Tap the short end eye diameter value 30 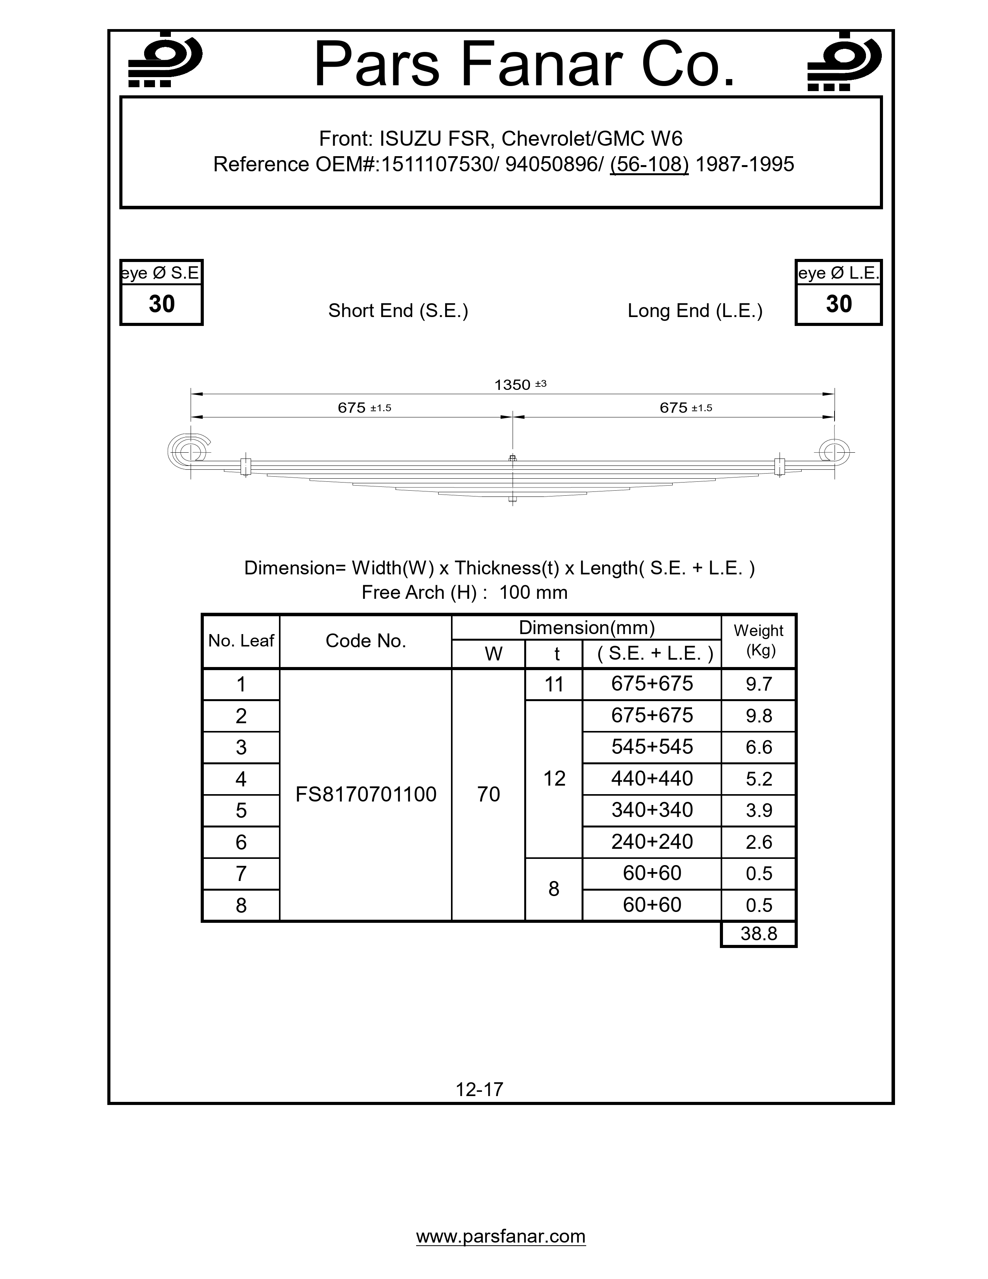coord(162,304)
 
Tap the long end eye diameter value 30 coord(839,304)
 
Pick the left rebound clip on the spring coord(246,466)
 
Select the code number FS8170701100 coord(366,795)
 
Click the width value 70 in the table coord(488,795)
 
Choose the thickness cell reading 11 coord(554,684)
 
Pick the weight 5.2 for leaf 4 coord(759,779)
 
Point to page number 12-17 coord(479,1089)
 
